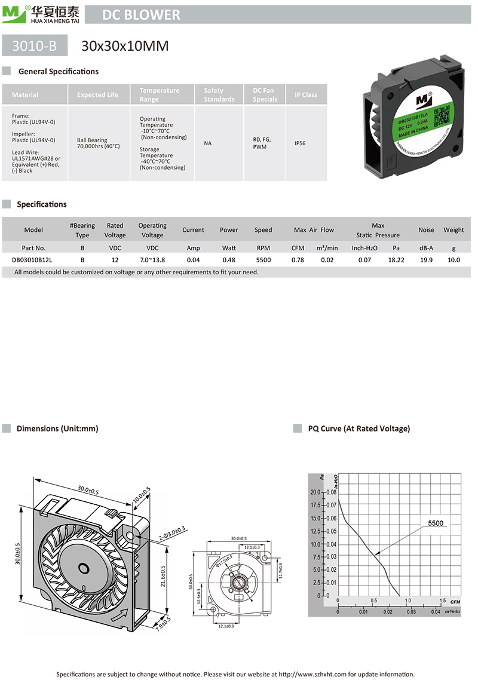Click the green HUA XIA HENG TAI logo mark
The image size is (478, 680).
[x=13, y=14]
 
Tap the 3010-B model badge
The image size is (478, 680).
[x=35, y=45]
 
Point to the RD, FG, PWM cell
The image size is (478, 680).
[x=262, y=143]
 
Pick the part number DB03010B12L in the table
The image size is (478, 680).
[x=33, y=260]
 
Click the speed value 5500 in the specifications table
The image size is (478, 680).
[x=263, y=260]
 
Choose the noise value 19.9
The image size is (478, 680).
[x=426, y=260]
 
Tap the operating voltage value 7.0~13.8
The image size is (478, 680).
[x=152, y=260]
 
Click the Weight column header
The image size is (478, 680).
[x=454, y=229]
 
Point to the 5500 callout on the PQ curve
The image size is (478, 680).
[x=436, y=523]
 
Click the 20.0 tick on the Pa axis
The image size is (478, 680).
[x=315, y=492]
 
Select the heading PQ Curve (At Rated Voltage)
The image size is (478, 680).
[x=358, y=428]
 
